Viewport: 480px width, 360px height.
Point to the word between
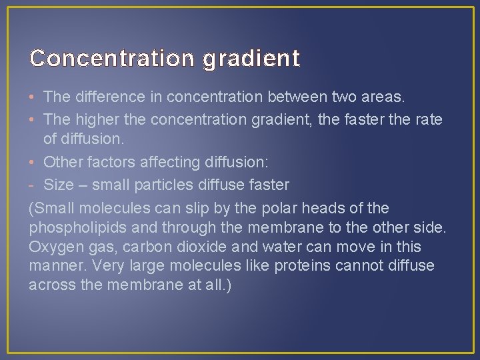click(298, 97)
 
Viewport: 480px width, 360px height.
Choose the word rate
click(429, 119)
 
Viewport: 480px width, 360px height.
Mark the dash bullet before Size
click(33, 185)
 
